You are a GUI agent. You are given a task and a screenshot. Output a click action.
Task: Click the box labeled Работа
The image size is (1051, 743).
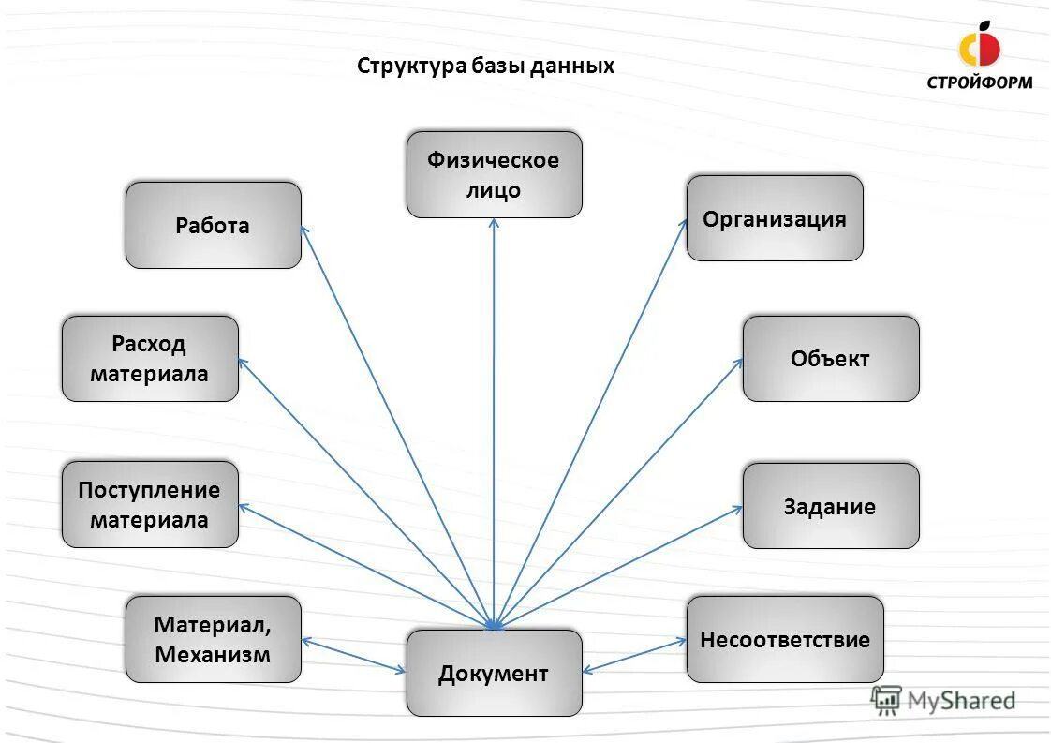pos(213,225)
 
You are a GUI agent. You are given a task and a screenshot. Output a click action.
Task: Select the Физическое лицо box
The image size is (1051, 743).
pos(494,174)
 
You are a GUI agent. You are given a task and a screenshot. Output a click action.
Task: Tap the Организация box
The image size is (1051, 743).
pos(774,218)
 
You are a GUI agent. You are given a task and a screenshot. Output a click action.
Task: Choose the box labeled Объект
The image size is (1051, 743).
pos(830,358)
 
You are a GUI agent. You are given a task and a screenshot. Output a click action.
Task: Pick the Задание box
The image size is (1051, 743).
pos(830,506)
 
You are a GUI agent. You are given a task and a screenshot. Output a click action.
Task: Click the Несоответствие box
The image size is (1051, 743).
pos(784,639)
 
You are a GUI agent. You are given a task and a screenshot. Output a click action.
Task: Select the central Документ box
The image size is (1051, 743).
pos(494,673)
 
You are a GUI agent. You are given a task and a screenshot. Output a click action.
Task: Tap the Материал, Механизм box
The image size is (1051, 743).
pos(213,639)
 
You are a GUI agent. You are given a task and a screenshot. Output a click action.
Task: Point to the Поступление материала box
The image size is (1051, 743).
pos(150,504)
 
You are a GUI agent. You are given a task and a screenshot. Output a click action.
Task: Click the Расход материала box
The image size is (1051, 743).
pos(150,358)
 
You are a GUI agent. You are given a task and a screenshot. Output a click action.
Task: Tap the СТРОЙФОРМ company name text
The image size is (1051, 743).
pos(980,82)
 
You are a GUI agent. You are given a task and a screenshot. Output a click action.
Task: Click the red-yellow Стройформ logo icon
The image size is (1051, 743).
pos(979,45)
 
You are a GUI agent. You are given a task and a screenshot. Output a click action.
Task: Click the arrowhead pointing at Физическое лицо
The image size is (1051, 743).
pos(494,223)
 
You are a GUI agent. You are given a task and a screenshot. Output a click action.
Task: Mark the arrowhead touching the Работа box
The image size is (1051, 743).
pos(303,229)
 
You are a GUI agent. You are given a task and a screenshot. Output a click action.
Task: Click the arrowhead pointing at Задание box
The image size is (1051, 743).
pos(738,509)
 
